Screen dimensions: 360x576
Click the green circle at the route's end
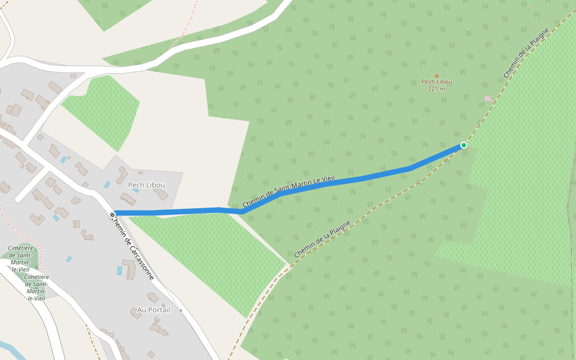(464, 145)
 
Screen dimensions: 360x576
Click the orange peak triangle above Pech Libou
(436, 76)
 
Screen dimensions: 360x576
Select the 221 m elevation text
(436, 89)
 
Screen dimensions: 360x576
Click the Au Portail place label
(154, 310)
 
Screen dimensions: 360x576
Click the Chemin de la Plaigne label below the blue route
(322, 239)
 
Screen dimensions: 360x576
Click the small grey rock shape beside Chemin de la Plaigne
(488, 98)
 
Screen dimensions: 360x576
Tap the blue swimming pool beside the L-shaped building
(119, 271)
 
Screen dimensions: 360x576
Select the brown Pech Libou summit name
(436, 82)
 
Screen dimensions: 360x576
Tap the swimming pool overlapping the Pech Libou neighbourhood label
(136, 190)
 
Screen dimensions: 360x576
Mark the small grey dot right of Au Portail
(181, 310)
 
